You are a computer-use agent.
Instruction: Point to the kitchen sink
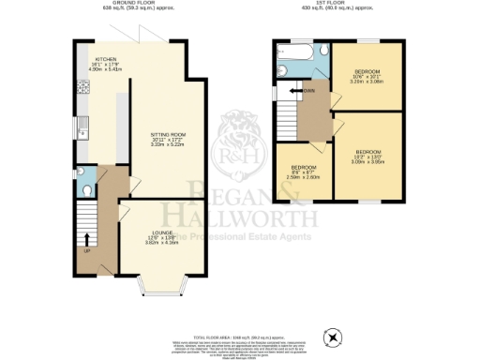[x=82, y=122]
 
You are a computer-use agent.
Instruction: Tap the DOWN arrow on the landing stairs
[x=306, y=91]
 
